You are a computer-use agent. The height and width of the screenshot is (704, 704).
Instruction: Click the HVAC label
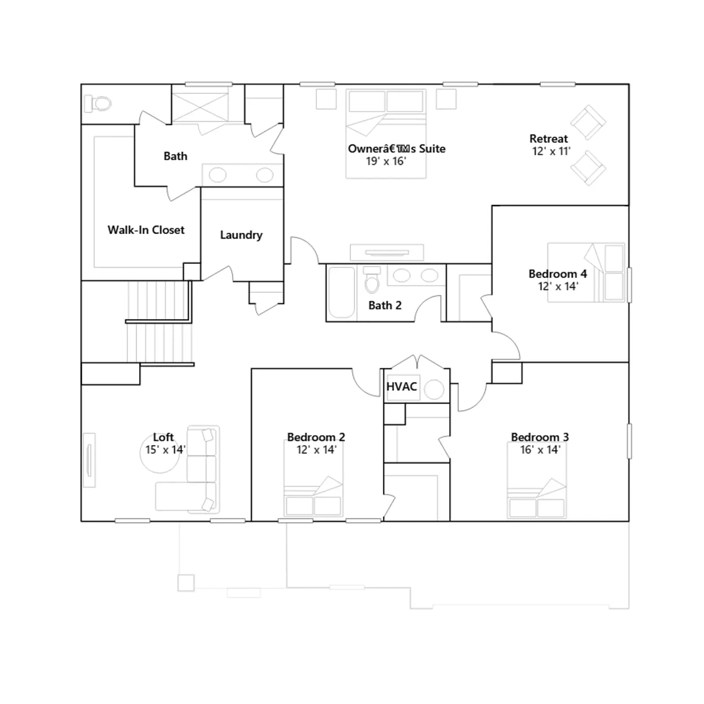point(401,386)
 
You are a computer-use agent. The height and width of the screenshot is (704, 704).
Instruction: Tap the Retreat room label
point(549,139)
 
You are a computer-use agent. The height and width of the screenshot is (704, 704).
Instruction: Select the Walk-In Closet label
point(146,230)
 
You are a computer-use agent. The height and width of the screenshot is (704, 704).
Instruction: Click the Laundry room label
point(241,235)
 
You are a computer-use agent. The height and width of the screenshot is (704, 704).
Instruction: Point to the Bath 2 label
point(385,305)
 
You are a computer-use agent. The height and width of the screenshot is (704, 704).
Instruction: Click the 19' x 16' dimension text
point(386,161)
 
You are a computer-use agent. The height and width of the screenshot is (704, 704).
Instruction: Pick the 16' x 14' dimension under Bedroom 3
point(540,450)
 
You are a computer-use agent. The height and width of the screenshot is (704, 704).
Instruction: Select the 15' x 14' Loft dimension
point(165,450)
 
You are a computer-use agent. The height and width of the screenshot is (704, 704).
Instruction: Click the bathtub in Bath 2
point(342,292)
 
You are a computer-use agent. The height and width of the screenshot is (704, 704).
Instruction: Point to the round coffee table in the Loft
point(160,454)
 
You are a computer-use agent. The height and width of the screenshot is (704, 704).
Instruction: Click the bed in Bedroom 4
point(586,272)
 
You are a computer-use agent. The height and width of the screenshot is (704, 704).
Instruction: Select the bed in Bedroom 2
point(313,479)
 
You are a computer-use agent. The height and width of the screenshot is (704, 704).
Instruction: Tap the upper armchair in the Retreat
point(588,122)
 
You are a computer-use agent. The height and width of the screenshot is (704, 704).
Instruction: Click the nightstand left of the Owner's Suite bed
point(326,99)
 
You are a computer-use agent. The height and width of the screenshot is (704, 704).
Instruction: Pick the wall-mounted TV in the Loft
point(89,460)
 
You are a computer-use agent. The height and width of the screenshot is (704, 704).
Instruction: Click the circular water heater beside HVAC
point(434,389)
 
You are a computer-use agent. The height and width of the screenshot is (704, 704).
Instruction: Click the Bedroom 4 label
point(557,274)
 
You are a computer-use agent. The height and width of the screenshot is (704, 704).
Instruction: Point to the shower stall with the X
point(200,104)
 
